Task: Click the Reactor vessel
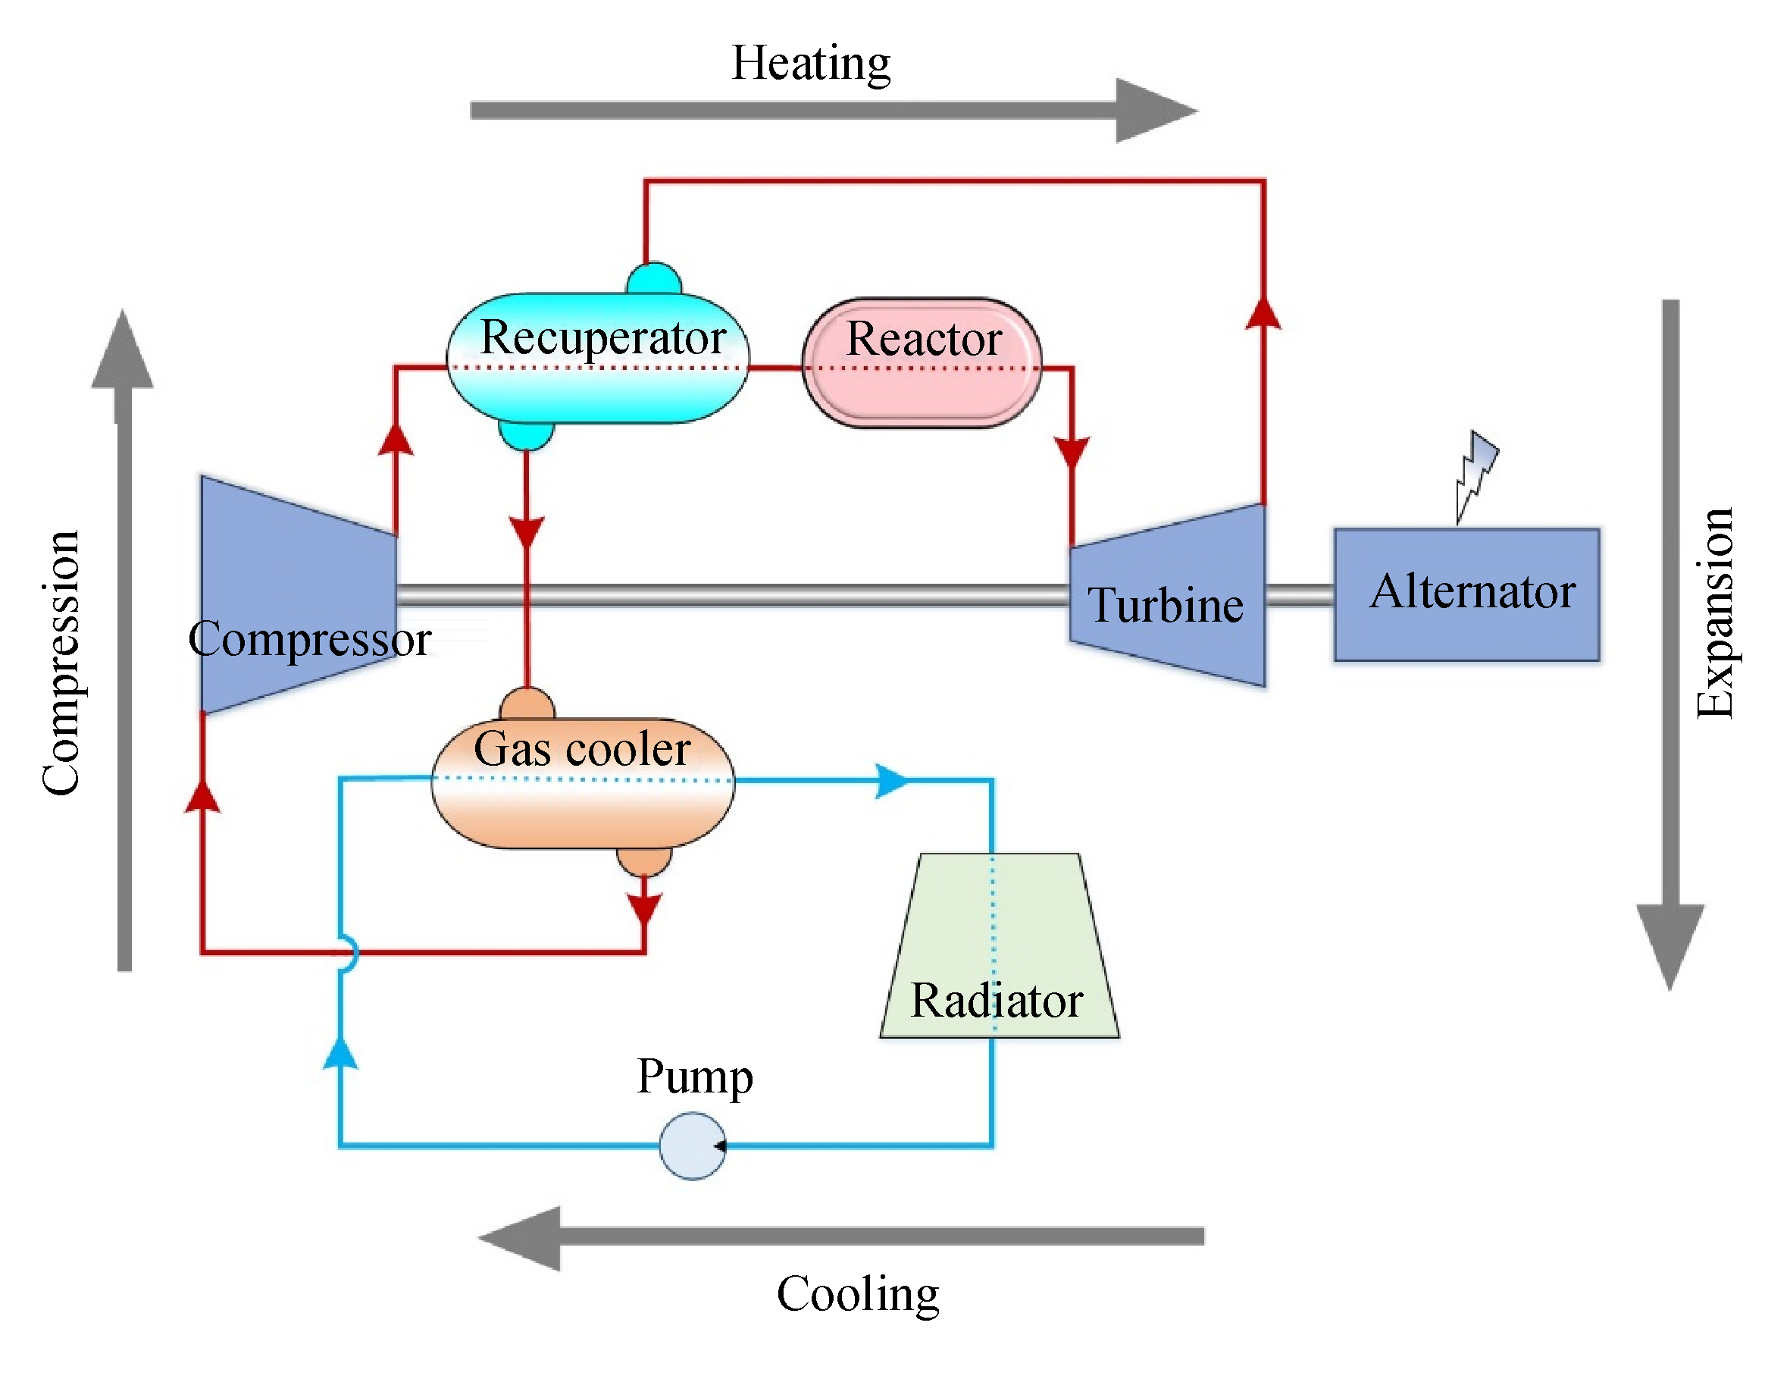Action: (922, 363)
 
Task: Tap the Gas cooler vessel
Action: (582, 783)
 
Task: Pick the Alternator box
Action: (1465, 594)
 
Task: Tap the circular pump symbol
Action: (692, 1145)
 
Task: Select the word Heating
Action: (811, 63)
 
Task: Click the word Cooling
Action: (857, 1294)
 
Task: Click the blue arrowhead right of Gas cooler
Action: (891, 781)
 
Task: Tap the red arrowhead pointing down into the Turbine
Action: (1071, 453)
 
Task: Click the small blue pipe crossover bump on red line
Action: (349, 952)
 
